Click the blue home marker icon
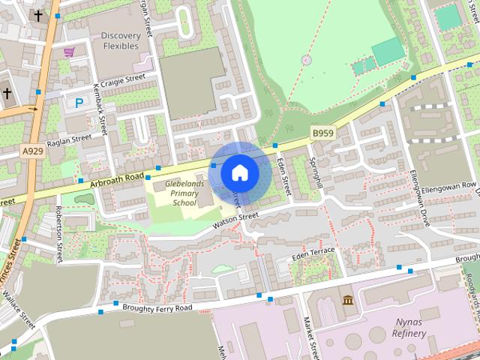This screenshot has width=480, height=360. tap(239, 172)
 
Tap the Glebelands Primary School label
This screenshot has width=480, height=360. tap(175, 193)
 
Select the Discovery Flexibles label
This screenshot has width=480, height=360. tap(120, 40)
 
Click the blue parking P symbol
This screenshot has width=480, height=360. tap(79, 103)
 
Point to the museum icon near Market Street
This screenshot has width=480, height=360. tap(347, 301)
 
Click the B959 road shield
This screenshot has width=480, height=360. tap(322, 133)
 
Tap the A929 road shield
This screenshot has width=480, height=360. tap(32, 151)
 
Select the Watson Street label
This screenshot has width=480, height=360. tap(235, 219)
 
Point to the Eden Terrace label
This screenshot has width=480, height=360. tap(313, 253)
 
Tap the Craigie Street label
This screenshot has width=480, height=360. tap(123, 78)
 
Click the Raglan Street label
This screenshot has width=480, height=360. tap(68, 140)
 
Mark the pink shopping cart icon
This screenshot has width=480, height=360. tap(69, 52)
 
